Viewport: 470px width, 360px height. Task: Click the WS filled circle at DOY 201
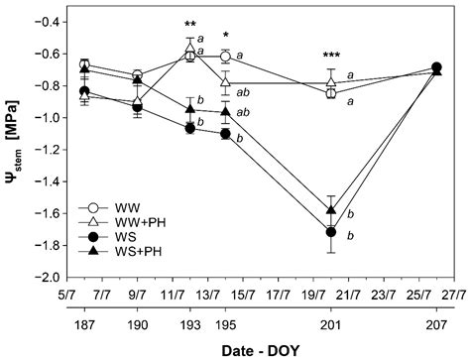pos(331,231)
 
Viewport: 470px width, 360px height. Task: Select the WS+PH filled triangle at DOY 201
pos(331,211)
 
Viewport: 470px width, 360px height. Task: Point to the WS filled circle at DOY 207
pos(437,67)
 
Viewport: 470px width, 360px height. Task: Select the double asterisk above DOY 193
pos(189,26)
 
